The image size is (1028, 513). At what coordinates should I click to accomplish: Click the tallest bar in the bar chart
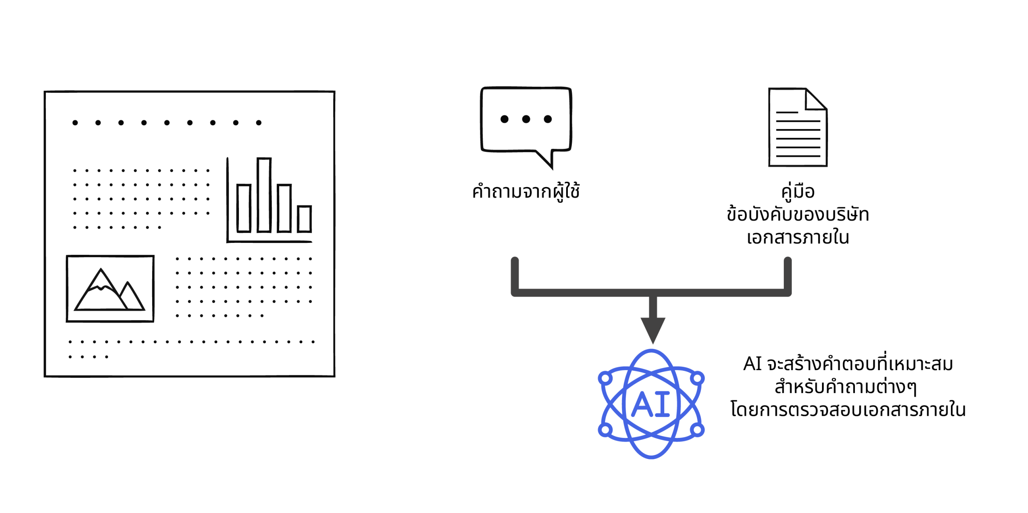264,195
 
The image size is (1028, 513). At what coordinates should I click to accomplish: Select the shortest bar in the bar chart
304,219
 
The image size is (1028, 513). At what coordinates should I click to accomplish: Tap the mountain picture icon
110,289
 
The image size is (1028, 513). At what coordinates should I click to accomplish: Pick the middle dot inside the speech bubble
526,119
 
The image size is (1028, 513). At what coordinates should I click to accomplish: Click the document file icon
798,127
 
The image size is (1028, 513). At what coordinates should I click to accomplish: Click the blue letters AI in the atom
651,404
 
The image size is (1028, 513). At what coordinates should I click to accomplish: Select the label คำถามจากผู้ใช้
526,191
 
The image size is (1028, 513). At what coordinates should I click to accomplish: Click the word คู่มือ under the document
798,191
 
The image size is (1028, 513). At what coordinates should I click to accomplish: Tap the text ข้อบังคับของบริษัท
798,214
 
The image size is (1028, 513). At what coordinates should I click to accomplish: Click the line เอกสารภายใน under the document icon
798,237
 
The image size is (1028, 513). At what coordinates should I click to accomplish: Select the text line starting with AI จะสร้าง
848,364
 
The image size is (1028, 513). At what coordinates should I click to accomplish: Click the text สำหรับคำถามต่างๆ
846,387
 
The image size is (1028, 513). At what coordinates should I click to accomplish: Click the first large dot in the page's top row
75,122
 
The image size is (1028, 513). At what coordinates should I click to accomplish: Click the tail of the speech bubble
546,159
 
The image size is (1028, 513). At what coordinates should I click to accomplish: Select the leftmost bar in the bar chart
244,208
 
